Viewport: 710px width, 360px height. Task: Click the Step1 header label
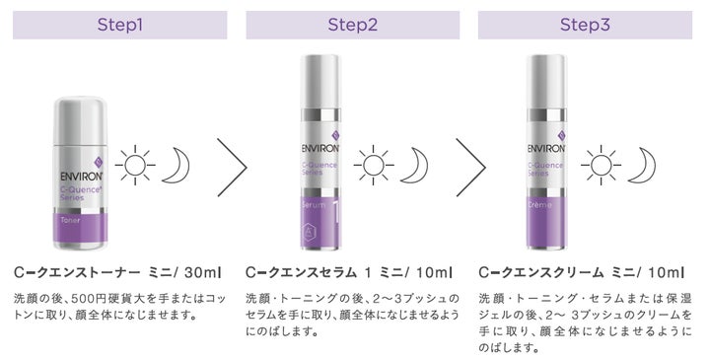[119, 25]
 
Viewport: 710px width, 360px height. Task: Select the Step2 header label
[352, 25]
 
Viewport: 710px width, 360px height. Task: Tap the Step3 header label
[585, 25]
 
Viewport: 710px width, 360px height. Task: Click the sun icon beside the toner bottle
[136, 166]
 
